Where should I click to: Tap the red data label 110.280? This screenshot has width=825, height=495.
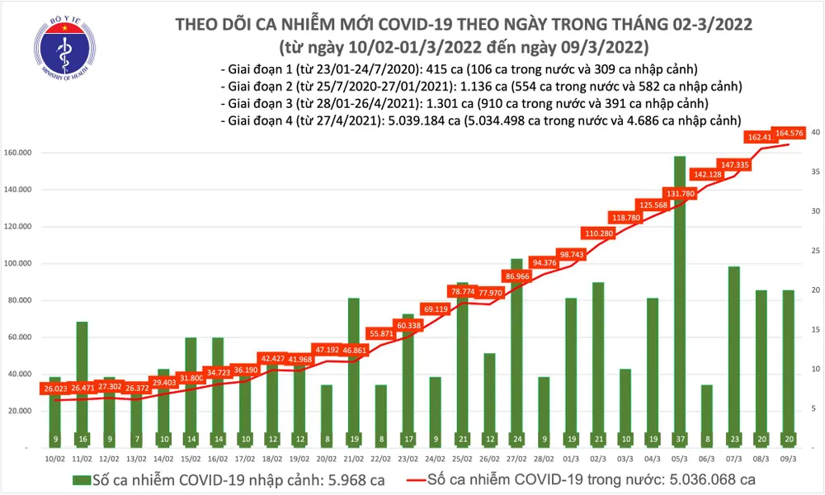click(x=598, y=233)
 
